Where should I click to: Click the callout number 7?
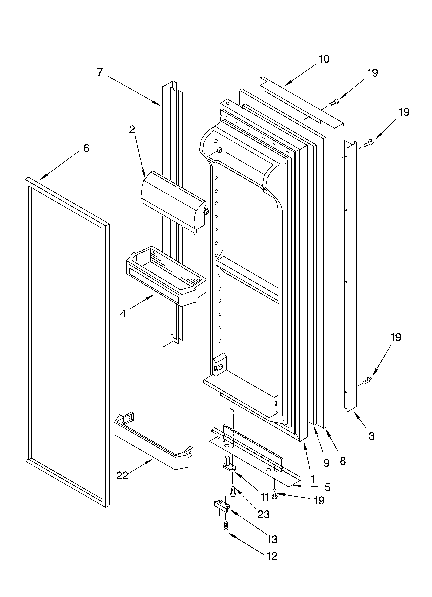pos(100,72)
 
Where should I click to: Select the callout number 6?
pos(86,149)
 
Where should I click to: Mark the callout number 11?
pos(265,496)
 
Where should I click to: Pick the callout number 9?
pos(326,463)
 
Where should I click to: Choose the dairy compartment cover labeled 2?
pos(174,200)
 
